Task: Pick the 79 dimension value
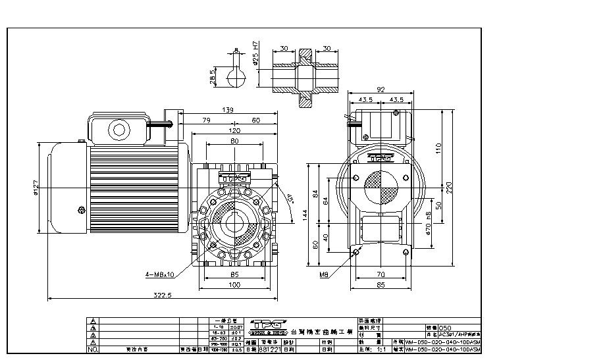(205, 120)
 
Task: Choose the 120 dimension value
(234, 131)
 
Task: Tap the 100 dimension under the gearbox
(234, 284)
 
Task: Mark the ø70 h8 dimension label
(429, 223)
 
